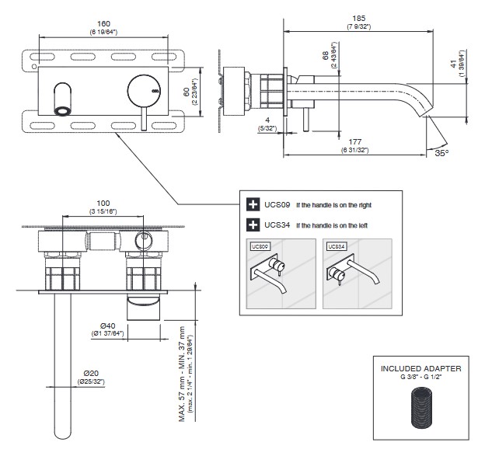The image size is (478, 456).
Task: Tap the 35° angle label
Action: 441,153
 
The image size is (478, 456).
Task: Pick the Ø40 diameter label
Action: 107,325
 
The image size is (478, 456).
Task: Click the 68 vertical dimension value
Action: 324,57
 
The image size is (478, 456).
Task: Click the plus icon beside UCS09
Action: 253,205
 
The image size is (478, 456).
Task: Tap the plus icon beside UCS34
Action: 253,225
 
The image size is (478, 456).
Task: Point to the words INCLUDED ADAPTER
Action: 421,367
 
